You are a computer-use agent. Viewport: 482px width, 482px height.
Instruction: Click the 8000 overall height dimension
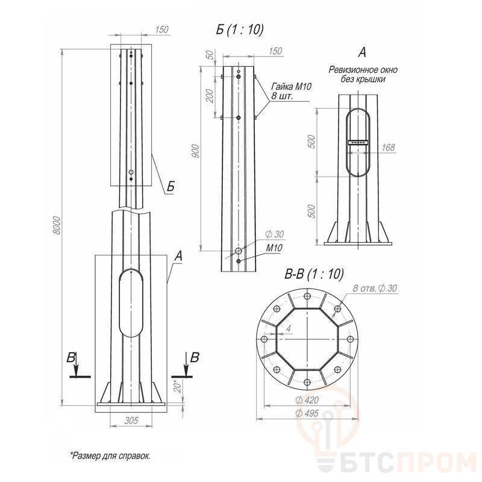pyautogui.click(x=57, y=225)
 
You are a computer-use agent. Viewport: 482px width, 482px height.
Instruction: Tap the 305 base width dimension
pyautogui.click(x=131, y=420)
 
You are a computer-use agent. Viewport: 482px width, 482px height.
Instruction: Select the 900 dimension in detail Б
pyautogui.click(x=195, y=151)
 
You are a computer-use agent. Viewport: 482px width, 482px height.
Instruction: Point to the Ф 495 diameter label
pyautogui.click(x=307, y=413)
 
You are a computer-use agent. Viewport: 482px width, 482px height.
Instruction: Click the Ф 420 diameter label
pyautogui.click(x=307, y=400)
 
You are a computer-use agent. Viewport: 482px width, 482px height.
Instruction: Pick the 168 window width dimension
pyautogui.click(x=388, y=148)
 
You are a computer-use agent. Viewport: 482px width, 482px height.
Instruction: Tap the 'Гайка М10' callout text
pyautogui.click(x=291, y=86)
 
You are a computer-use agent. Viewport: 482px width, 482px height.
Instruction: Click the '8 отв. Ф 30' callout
pyautogui.click(x=375, y=288)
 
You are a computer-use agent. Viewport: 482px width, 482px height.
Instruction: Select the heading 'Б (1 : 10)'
pyautogui.click(x=240, y=30)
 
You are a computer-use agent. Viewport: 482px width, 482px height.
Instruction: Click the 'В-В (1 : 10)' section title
pyautogui.click(x=314, y=274)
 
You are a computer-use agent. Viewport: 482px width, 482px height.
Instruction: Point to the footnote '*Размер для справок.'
pyautogui.click(x=110, y=455)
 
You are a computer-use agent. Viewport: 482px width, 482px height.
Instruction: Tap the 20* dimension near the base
pyautogui.click(x=178, y=386)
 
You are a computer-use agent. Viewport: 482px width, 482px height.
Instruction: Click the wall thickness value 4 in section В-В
pyautogui.click(x=289, y=328)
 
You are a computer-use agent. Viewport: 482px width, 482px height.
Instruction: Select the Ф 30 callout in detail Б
pyautogui.click(x=275, y=234)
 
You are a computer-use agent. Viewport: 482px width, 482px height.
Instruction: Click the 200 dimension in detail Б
pyautogui.click(x=210, y=96)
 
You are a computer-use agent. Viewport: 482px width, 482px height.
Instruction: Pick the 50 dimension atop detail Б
pyautogui.click(x=210, y=55)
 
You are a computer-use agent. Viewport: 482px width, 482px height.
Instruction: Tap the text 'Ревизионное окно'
pyautogui.click(x=363, y=70)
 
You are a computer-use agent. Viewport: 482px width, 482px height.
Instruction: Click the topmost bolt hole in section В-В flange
pyautogui.click(x=307, y=296)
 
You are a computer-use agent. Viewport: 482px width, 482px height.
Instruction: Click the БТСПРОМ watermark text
pyautogui.click(x=408, y=462)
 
